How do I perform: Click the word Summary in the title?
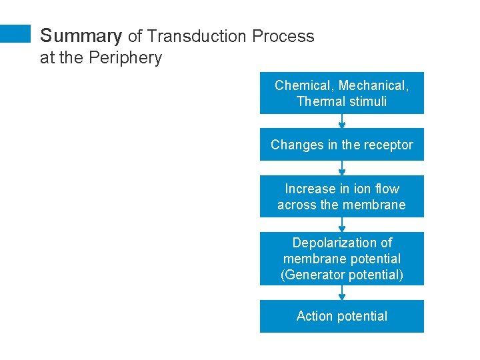81,36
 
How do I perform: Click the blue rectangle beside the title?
15,34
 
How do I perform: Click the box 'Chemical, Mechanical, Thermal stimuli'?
341,93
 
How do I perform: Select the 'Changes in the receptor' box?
341,145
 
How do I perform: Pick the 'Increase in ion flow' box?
341,197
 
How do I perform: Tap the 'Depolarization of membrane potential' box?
341,259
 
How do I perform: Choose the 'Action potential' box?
341,316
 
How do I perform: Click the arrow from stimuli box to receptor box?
342,121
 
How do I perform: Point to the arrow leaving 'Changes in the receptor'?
342,168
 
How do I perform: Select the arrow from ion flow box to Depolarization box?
342,225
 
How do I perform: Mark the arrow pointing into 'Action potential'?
342,293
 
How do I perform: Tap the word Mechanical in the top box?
373,85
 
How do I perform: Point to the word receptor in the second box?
387,145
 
